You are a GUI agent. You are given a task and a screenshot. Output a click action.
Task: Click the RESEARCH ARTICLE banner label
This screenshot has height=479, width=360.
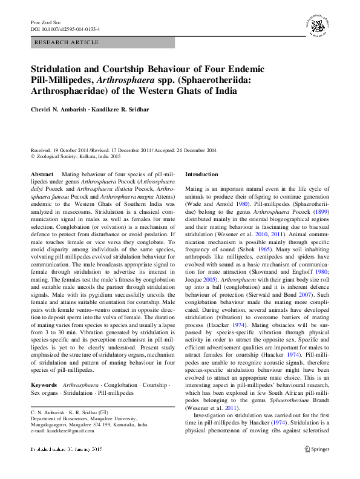tap(67, 42)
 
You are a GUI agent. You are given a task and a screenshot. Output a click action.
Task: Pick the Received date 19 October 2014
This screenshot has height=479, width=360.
tap(68, 150)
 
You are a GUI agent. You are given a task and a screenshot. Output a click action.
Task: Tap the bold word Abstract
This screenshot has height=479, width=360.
tap(42, 174)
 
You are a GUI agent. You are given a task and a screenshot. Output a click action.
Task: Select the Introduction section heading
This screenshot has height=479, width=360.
tap(201, 174)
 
